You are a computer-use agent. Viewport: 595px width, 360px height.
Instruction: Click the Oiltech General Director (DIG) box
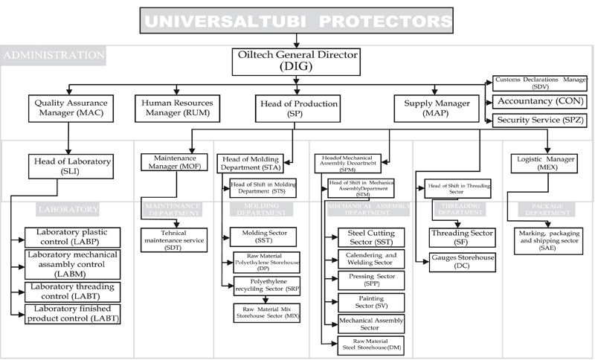pyautogui.click(x=297, y=61)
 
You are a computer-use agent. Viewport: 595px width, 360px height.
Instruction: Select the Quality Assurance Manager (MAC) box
pyautogui.click(x=68, y=108)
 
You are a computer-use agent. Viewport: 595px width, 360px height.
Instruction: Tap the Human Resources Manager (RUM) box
pyautogui.click(x=178, y=108)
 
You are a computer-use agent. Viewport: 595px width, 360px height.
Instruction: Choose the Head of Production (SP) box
pyautogui.click(x=297, y=108)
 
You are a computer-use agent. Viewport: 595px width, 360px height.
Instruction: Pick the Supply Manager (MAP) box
pyautogui.click(x=437, y=108)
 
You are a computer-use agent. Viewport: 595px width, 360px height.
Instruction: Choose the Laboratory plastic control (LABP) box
pyautogui.click(x=73, y=237)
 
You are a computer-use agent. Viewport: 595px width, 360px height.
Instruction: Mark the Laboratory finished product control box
pyautogui.click(x=73, y=314)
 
